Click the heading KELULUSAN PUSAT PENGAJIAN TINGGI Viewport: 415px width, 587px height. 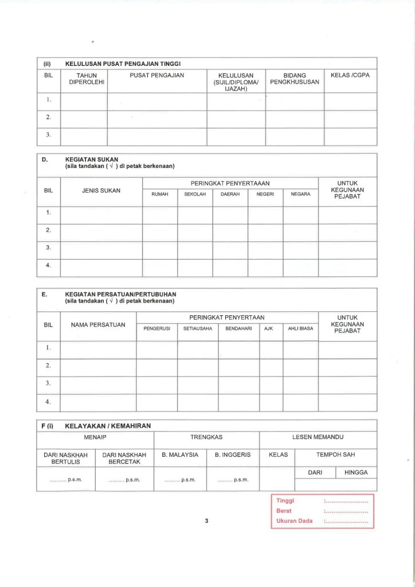123,64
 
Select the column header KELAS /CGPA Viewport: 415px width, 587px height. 350,76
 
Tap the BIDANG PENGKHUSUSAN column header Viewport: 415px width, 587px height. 295,79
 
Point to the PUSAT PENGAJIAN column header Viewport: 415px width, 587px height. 157,76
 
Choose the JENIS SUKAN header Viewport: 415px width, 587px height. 101,191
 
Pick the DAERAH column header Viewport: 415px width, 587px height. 230,194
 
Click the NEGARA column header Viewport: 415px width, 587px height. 300,194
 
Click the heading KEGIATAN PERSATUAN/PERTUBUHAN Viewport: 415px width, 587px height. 121,293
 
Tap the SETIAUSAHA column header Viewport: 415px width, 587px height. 198,329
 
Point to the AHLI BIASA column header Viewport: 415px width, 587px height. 300,329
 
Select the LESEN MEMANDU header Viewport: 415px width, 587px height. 318,437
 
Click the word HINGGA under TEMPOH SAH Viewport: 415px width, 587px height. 356,472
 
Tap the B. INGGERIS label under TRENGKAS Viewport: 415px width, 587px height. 233,455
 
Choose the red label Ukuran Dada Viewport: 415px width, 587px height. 294,521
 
